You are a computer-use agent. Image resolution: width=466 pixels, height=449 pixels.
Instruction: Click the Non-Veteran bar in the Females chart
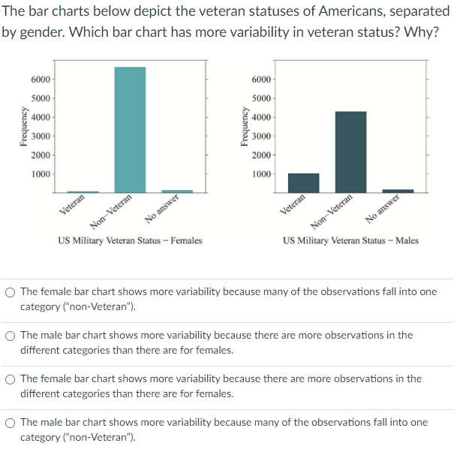pyautogui.click(x=130, y=129)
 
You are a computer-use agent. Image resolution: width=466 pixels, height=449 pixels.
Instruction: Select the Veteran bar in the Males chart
pyautogui.click(x=303, y=182)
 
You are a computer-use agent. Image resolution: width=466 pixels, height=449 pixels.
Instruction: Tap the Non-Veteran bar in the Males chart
pyautogui.click(x=350, y=152)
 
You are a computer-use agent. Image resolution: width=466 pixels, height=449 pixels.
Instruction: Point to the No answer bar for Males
pyautogui.click(x=398, y=191)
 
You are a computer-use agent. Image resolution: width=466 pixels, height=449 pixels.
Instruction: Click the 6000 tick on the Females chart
pyautogui.click(x=41, y=80)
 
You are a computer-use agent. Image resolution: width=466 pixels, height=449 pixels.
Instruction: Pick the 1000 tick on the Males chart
pyautogui.click(x=261, y=174)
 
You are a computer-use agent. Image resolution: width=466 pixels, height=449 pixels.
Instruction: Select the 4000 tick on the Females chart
pyautogui.click(x=41, y=117)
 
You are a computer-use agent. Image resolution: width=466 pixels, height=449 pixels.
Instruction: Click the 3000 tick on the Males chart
pyautogui.click(x=261, y=136)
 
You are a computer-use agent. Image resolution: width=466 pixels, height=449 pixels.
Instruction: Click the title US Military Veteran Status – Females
pyautogui.click(x=130, y=241)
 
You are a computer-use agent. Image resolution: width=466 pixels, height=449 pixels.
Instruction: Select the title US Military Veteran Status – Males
pyautogui.click(x=350, y=241)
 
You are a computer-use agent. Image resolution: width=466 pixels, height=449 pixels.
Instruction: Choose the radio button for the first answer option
pyautogui.click(x=10, y=292)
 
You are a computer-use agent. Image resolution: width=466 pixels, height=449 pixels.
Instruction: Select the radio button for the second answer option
pyautogui.click(x=10, y=336)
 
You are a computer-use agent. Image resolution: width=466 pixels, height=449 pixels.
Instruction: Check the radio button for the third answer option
pyautogui.click(x=10, y=379)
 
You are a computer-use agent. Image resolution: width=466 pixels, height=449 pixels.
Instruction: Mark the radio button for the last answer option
pyautogui.click(x=10, y=423)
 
